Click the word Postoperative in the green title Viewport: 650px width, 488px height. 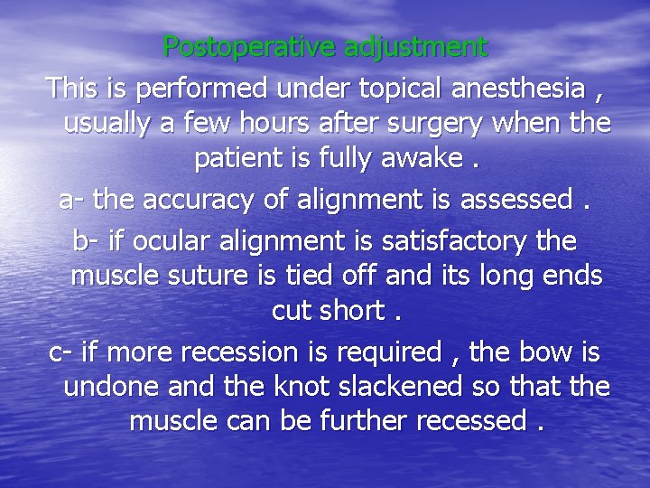(249, 46)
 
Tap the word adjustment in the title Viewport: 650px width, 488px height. (415, 46)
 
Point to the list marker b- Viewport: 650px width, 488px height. (86, 241)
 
